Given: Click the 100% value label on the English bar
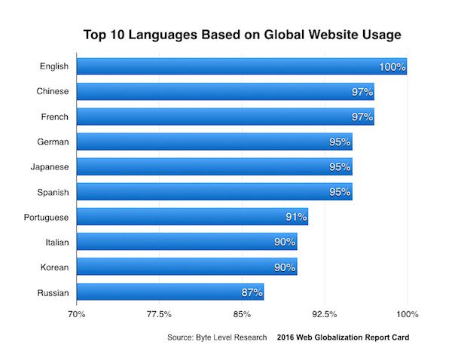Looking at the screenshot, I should tap(392, 67).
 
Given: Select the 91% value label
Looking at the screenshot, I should tap(296, 217).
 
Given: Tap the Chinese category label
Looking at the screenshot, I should tap(53, 92).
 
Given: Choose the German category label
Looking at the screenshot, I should tap(53, 142).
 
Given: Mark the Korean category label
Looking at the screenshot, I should tap(54, 267).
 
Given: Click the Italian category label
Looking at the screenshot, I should tap(56, 242).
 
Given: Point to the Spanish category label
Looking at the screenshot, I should tap(52, 192).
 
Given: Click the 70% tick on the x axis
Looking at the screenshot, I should tap(77, 313).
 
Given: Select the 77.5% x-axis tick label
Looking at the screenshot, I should tap(159, 313).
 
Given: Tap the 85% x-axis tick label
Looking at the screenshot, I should tap(242, 313).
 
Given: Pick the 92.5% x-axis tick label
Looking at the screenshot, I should tap(324, 313).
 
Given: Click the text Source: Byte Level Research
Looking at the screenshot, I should tap(217, 337).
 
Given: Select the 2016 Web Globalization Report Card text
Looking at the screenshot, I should tap(344, 337).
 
